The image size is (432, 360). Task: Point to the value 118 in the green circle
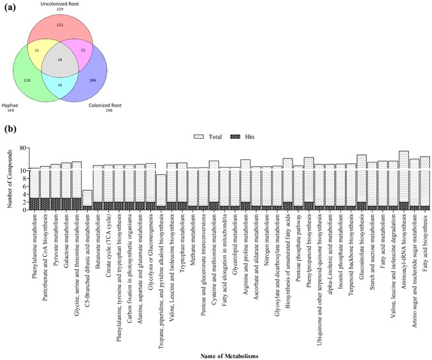coord(44,81)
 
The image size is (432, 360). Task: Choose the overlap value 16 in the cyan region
coord(79,84)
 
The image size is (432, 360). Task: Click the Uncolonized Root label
coord(77,4)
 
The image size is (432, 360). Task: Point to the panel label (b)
coord(12,128)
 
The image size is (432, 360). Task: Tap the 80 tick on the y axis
coord(22,148)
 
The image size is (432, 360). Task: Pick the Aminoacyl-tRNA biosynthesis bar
coord(404,181)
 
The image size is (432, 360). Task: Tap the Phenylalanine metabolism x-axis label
coord(35,240)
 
